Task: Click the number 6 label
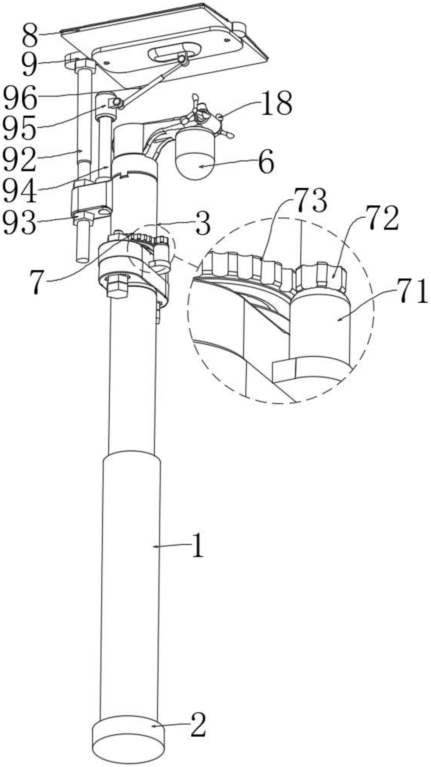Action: point(266,163)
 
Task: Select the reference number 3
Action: point(203,225)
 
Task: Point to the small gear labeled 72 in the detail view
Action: point(321,276)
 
